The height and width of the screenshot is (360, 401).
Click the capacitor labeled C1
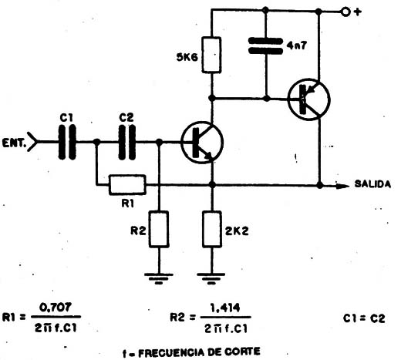pyautogui.click(x=67, y=142)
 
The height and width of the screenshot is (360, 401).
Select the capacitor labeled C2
pyautogui.click(x=127, y=142)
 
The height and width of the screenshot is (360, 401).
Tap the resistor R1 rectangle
pyautogui.click(x=127, y=185)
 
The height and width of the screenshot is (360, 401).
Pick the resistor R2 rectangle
pyautogui.click(x=159, y=229)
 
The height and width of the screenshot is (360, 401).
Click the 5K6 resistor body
pyautogui.click(x=211, y=55)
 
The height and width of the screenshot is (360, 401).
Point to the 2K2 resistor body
pyautogui.click(x=212, y=229)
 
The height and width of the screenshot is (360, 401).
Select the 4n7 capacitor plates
pyautogui.click(x=265, y=46)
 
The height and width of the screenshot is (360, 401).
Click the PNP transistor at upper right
pyautogui.click(x=309, y=99)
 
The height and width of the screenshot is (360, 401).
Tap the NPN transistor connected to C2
pyautogui.click(x=202, y=143)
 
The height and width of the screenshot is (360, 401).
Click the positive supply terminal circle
pyautogui.click(x=345, y=12)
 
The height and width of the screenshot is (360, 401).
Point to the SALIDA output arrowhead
pyautogui.click(x=342, y=186)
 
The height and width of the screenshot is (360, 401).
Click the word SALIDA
pyautogui.click(x=372, y=184)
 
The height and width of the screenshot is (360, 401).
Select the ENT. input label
pyautogui.click(x=15, y=143)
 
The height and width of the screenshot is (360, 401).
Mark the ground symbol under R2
pyautogui.click(x=159, y=278)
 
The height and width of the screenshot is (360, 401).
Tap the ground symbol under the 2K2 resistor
pyautogui.click(x=211, y=278)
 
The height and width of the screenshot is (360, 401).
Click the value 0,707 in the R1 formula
pyautogui.click(x=56, y=308)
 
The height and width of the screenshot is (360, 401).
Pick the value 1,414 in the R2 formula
pyautogui.click(x=225, y=308)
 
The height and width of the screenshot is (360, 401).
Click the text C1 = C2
pyautogui.click(x=364, y=318)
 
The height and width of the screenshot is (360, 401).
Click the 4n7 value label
pyautogui.click(x=296, y=45)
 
